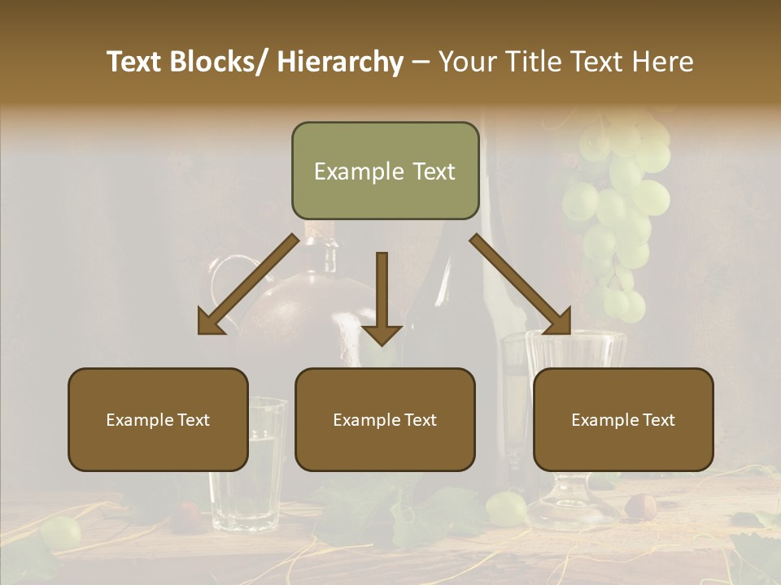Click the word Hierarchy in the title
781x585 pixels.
point(340,62)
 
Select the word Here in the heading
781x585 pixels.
point(664,62)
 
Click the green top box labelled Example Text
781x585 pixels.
point(385,171)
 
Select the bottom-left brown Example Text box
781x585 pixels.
point(158,419)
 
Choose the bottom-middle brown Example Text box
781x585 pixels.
point(385,419)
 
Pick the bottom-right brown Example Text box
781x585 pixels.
point(623,419)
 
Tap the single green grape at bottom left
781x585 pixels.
point(61,531)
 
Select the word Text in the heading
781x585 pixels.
point(596,62)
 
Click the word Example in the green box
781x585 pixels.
point(359,171)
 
